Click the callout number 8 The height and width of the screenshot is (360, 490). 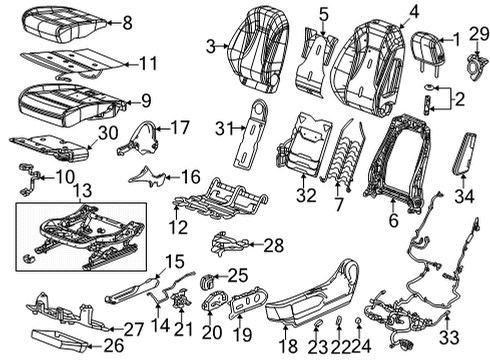point(127,23)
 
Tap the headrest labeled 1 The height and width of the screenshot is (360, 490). point(430,49)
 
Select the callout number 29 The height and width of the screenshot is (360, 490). point(479,34)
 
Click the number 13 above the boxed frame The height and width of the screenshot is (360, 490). point(82,191)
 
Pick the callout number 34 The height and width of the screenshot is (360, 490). point(464,196)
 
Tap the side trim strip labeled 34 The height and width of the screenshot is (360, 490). point(464,153)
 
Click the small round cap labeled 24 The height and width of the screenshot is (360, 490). point(358,321)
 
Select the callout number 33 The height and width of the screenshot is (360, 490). point(449,337)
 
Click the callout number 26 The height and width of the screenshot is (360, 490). point(114,346)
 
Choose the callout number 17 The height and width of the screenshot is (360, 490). point(180,127)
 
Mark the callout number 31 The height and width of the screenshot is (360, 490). point(225,128)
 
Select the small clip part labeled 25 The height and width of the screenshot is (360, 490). point(207,282)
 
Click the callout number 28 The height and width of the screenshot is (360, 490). point(274,246)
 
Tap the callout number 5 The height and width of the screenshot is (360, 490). point(324,14)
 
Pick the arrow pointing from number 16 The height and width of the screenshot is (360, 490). point(173,177)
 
